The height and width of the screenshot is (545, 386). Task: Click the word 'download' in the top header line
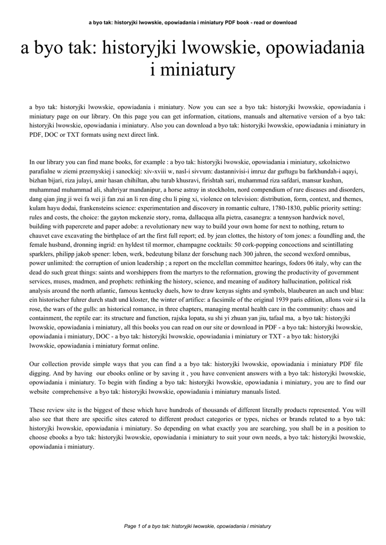283,22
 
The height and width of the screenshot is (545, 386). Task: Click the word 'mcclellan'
256,265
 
